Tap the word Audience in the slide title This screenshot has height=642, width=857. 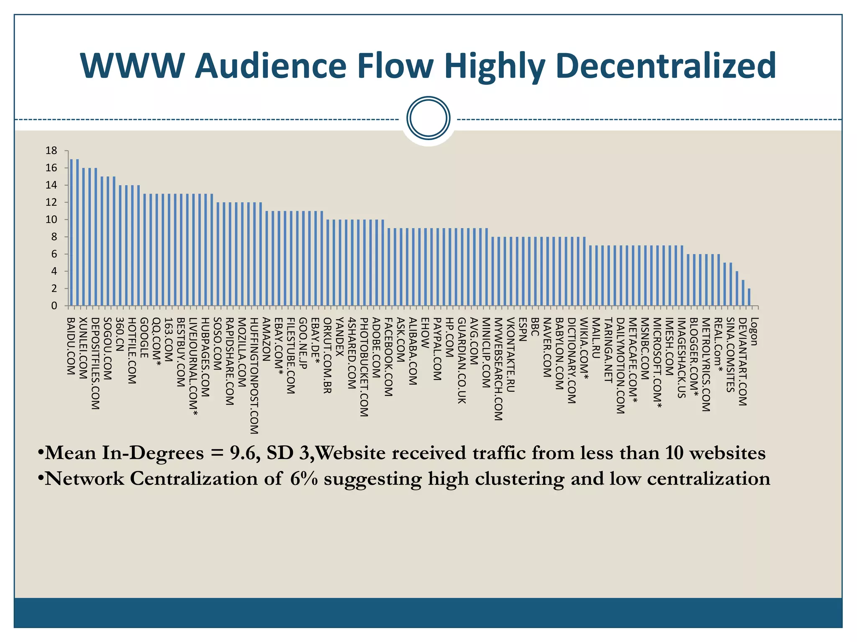271,66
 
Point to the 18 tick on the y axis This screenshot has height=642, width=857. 51,151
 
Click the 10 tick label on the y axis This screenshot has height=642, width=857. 51,220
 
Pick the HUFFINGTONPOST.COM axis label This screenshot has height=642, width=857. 254,376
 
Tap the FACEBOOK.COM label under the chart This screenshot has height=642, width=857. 388,357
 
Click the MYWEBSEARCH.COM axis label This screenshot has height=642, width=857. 498,369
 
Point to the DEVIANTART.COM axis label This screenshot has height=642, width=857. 742,362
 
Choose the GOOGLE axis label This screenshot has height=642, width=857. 144,338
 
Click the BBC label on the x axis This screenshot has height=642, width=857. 534,327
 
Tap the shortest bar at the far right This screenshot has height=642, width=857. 749,297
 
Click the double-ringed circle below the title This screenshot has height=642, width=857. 428,118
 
